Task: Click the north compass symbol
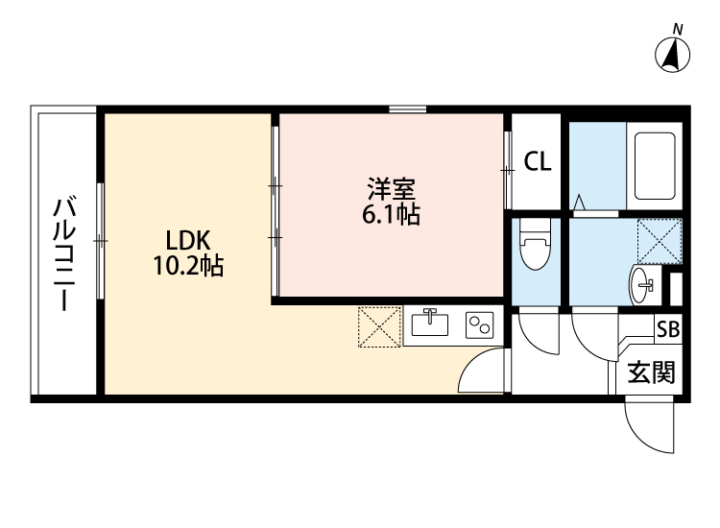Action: coord(674,53)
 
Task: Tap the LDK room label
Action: coord(188,239)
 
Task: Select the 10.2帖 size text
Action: coord(188,266)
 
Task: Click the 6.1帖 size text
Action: coord(390,216)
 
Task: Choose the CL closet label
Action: coord(537,162)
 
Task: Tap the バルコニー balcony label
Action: coord(64,253)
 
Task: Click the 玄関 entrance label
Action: coord(652,372)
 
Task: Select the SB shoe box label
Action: coord(667,328)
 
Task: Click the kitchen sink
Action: coord(430,324)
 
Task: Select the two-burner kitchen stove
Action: coord(478,325)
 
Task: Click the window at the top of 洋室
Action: coord(408,109)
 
